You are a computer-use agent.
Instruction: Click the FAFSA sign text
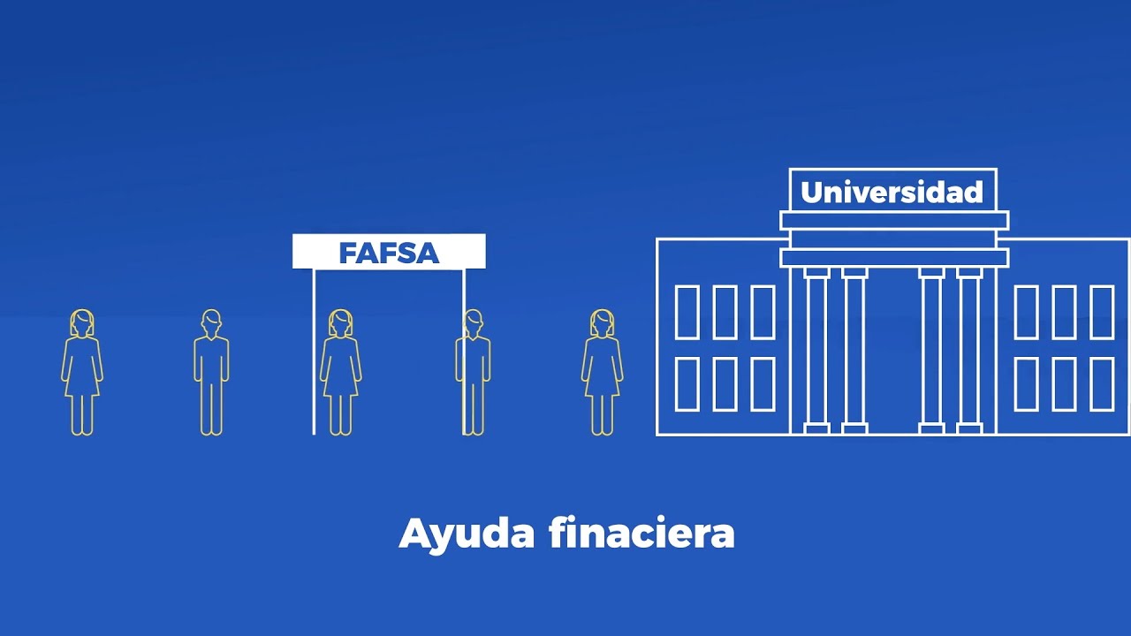coord(389,253)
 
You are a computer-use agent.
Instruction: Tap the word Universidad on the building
coord(892,192)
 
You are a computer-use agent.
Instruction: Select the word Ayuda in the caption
coord(467,534)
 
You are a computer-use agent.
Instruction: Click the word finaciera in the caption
coord(641,534)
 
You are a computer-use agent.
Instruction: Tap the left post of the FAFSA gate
coord(314,353)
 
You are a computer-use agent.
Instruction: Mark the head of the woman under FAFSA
coord(340,322)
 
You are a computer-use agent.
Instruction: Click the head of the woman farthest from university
coord(82,322)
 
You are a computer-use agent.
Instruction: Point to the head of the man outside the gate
coord(211,322)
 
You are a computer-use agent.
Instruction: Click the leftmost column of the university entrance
coord(816,350)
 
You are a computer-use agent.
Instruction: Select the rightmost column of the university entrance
coord(969,350)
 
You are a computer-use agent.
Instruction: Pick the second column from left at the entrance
coord(854,350)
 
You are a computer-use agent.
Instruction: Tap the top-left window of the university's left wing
coord(687,312)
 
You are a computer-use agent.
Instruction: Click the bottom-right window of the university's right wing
coord(1102,384)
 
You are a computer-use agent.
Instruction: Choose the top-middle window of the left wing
coord(725,312)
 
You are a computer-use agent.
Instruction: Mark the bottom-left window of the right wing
coord(1026,384)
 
